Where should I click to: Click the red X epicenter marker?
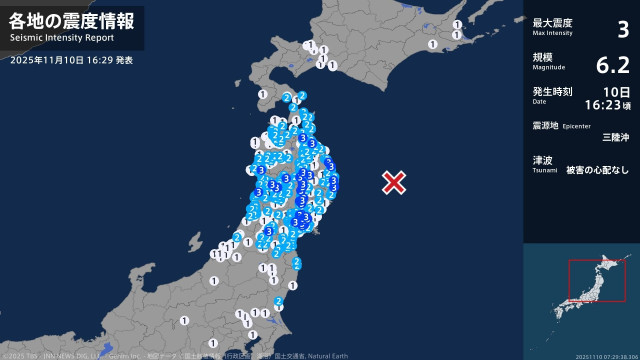(395, 182)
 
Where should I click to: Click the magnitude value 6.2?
(612, 66)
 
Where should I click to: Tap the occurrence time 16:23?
(608, 103)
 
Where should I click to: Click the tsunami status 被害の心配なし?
(598, 170)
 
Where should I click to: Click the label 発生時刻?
(552, 91)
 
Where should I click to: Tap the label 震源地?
(545, 126)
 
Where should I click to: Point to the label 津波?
(542, 160)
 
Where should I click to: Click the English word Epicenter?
(578, 127)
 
